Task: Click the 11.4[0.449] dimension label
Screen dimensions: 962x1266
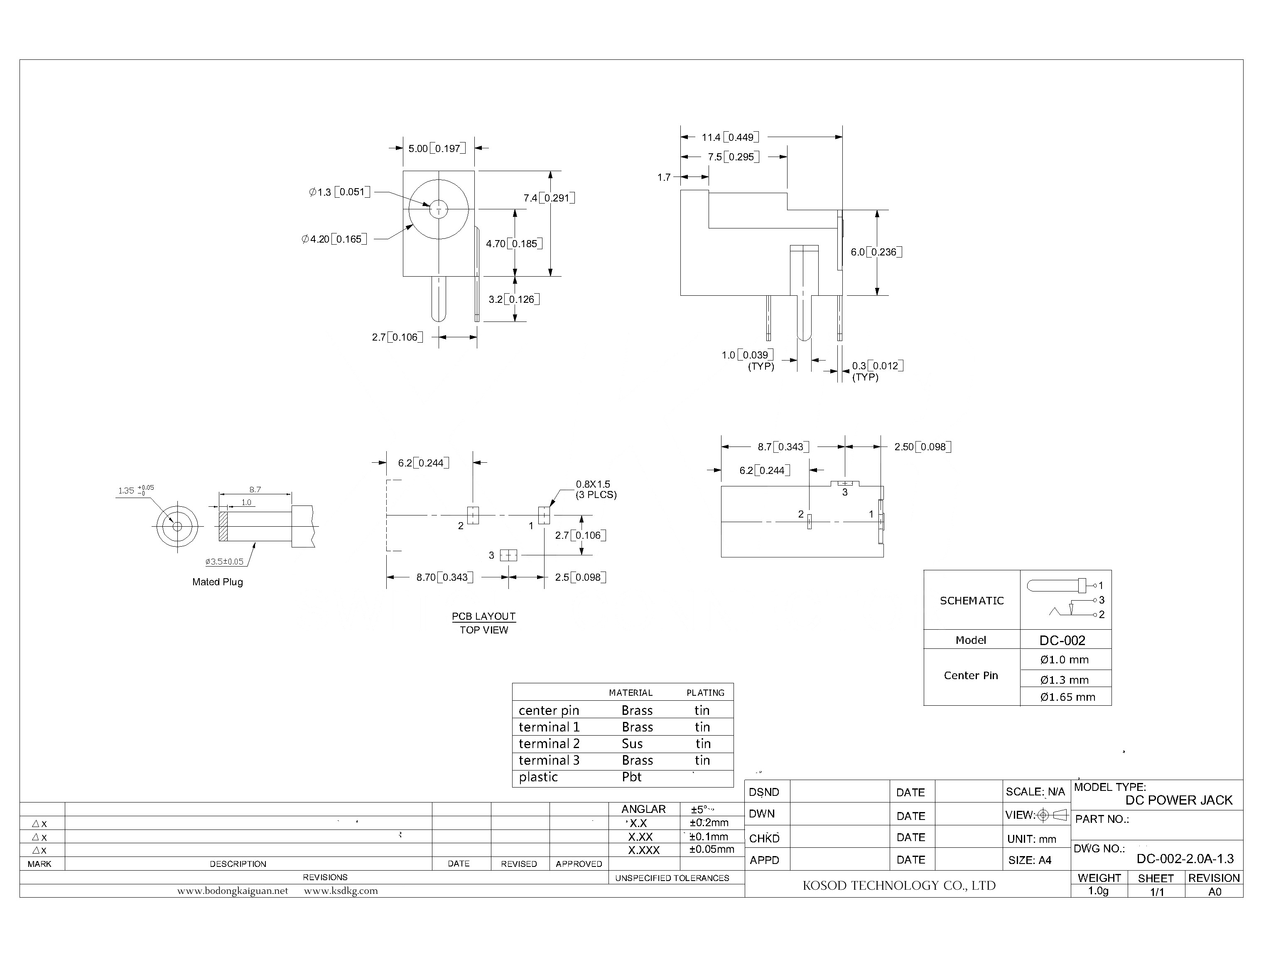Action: coord(730,137)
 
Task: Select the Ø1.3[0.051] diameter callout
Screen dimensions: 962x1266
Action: coord(339,192)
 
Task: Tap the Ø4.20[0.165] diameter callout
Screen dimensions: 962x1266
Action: coord(334,239)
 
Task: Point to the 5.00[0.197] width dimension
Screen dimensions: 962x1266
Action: coord(436,148)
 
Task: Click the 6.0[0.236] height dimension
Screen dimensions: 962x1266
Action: coord(876,252)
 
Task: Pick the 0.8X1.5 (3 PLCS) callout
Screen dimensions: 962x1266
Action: coord(596,490)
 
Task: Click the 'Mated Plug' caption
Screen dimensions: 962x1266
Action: coord(218,582)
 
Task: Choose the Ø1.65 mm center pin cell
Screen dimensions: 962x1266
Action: coord(1067,697)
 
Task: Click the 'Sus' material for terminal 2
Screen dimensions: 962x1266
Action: coord(632,744)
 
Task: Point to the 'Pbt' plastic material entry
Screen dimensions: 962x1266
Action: coord(632,777)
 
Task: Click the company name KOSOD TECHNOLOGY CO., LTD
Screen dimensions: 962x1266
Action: coord(899,885)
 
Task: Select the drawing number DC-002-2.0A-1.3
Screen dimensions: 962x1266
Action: coord(1185,859)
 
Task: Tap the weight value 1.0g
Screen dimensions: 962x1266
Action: coord(1098,891)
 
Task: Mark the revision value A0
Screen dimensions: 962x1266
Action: coord(1214,891)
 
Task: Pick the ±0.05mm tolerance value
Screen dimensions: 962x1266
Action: coord(712,849)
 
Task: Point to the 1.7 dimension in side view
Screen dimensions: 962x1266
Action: coord(664,177)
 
